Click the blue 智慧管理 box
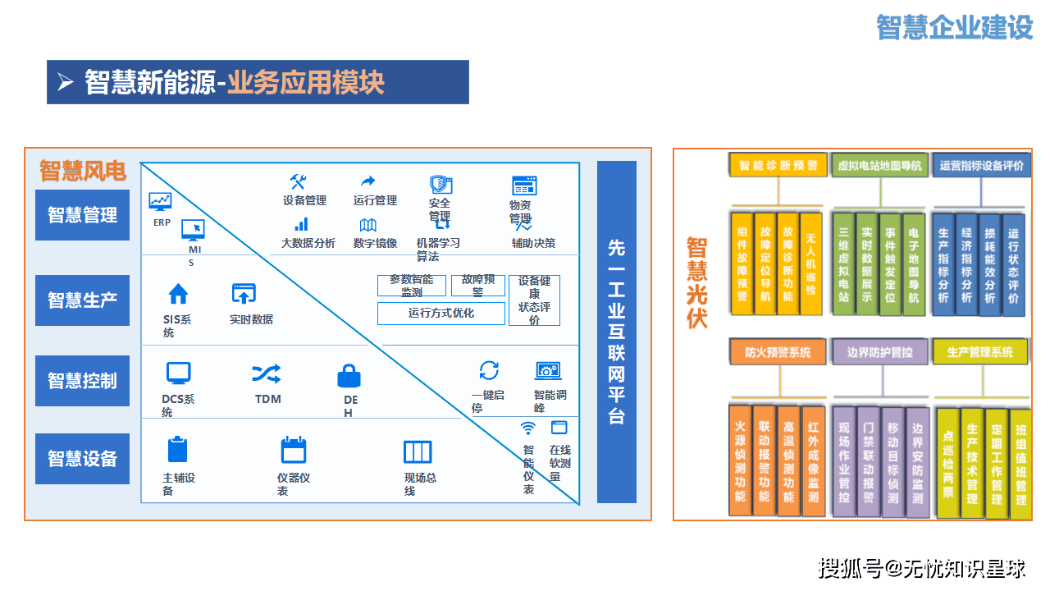(x=82, y=215)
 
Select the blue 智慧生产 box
(x=82, y=300)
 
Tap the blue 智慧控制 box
(x=82, y=381)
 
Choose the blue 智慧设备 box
(x=82, y=459)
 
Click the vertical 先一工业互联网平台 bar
(x=617, y=332)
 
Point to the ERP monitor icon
(x=160, y=201)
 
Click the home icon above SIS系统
(x=178, y=294)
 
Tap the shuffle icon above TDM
(x=267, y=374)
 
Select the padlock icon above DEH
(x=349, y=376)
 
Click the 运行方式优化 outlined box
(x=441, y=313)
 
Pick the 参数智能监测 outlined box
(x=411, y=285)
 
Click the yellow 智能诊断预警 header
(x=778, y=165)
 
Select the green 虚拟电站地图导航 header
(x=879, y=166)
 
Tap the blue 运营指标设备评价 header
(x=981, y=165)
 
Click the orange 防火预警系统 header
(x=778, y=352)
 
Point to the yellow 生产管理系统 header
(x=979, y=352)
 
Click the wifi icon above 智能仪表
(x=528, y=428)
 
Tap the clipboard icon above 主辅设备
(x=178, y=450)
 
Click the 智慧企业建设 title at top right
(x=954, y=27)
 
